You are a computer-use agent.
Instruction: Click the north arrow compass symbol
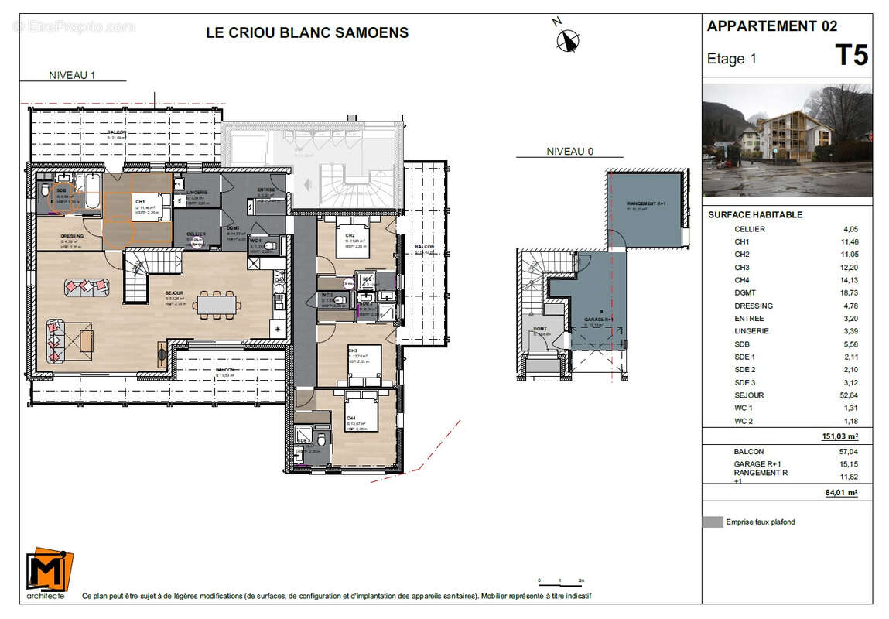coord(569,38)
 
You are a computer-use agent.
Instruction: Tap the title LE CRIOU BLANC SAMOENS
coord(307,32)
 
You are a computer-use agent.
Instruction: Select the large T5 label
coord(850,56)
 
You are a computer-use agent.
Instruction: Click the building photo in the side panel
coord(787,140)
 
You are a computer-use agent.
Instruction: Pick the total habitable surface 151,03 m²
coord(840,436)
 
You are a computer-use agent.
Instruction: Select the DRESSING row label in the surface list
coord(753,306)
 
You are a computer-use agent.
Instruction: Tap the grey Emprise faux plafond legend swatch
coord(712,522)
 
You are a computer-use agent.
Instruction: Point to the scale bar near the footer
coord(560,580)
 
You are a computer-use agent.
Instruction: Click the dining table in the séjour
coord(217,305)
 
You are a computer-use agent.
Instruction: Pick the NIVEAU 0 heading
coord(569,152)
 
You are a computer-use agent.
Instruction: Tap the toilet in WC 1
coord(268,248)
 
